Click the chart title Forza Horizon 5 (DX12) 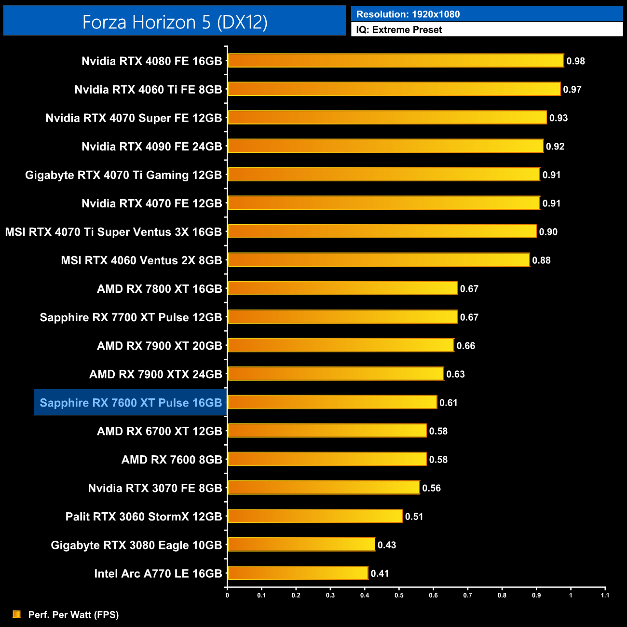point(175,22)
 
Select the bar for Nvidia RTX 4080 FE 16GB point(395,61)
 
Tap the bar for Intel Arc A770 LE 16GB point(298,573)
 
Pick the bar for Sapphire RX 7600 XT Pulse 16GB point(332,402)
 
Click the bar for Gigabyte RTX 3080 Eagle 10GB point(301,545)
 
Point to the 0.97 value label point(572,90)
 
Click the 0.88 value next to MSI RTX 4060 point(541,260)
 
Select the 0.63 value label point(455,374)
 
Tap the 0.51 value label point(414,517)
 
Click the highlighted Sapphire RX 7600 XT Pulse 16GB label point(131,403)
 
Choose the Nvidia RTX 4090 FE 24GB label point(151,147)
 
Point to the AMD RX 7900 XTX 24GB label point(155,374)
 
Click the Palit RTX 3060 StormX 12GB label point(144,517)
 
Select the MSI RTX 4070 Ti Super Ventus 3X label point(113,232)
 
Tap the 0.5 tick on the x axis point(399,595)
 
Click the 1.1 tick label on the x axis point(605,595)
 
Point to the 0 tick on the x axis point(227,595)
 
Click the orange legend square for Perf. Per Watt point(17,614)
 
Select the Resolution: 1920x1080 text point(408,14)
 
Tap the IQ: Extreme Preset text point(399,30)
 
